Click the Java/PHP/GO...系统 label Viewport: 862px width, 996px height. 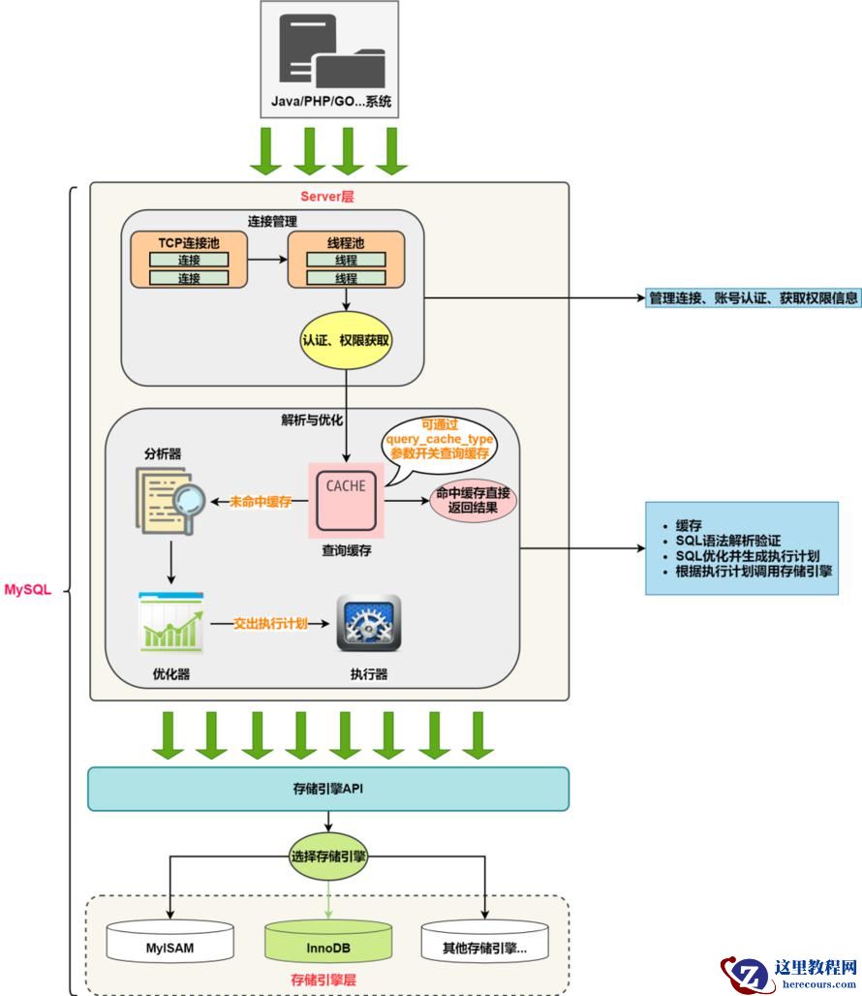330,102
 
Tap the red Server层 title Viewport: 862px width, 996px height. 327,197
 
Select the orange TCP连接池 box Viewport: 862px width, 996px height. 189,259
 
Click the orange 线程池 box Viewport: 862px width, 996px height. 346,259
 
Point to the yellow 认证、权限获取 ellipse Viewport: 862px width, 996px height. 347,341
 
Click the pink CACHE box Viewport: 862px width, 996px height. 346,499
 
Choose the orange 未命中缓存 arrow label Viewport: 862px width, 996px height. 262,501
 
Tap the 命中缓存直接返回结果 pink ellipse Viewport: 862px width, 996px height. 474,501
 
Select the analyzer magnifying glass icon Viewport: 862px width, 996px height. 169,500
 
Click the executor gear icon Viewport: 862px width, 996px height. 368,622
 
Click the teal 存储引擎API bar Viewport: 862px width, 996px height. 328,789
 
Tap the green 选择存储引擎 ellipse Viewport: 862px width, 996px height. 329,856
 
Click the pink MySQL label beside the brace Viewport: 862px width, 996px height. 28,589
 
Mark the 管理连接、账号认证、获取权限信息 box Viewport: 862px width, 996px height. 754,297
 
